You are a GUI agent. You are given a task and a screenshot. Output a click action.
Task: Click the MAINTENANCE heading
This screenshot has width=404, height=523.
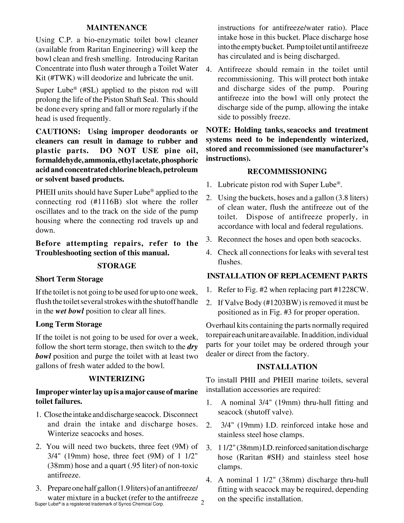tap(117, 28)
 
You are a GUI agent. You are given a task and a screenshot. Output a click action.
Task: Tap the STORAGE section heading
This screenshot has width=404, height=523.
tap(117, 266)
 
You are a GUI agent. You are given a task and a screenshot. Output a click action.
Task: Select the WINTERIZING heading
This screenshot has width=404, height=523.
tap(117, 379)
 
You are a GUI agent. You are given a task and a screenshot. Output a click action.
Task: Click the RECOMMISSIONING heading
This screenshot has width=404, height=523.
tap(287, 172)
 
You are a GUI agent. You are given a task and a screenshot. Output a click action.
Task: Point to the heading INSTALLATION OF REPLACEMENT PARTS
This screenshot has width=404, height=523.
tap(287, 276)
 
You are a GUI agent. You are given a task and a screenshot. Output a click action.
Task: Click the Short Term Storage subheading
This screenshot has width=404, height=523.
tap(69, 279)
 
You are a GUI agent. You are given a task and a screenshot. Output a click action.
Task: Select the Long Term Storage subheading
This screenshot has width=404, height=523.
tap(69, 324)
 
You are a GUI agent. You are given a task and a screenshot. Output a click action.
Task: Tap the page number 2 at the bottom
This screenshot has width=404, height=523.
tap(202, 503)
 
